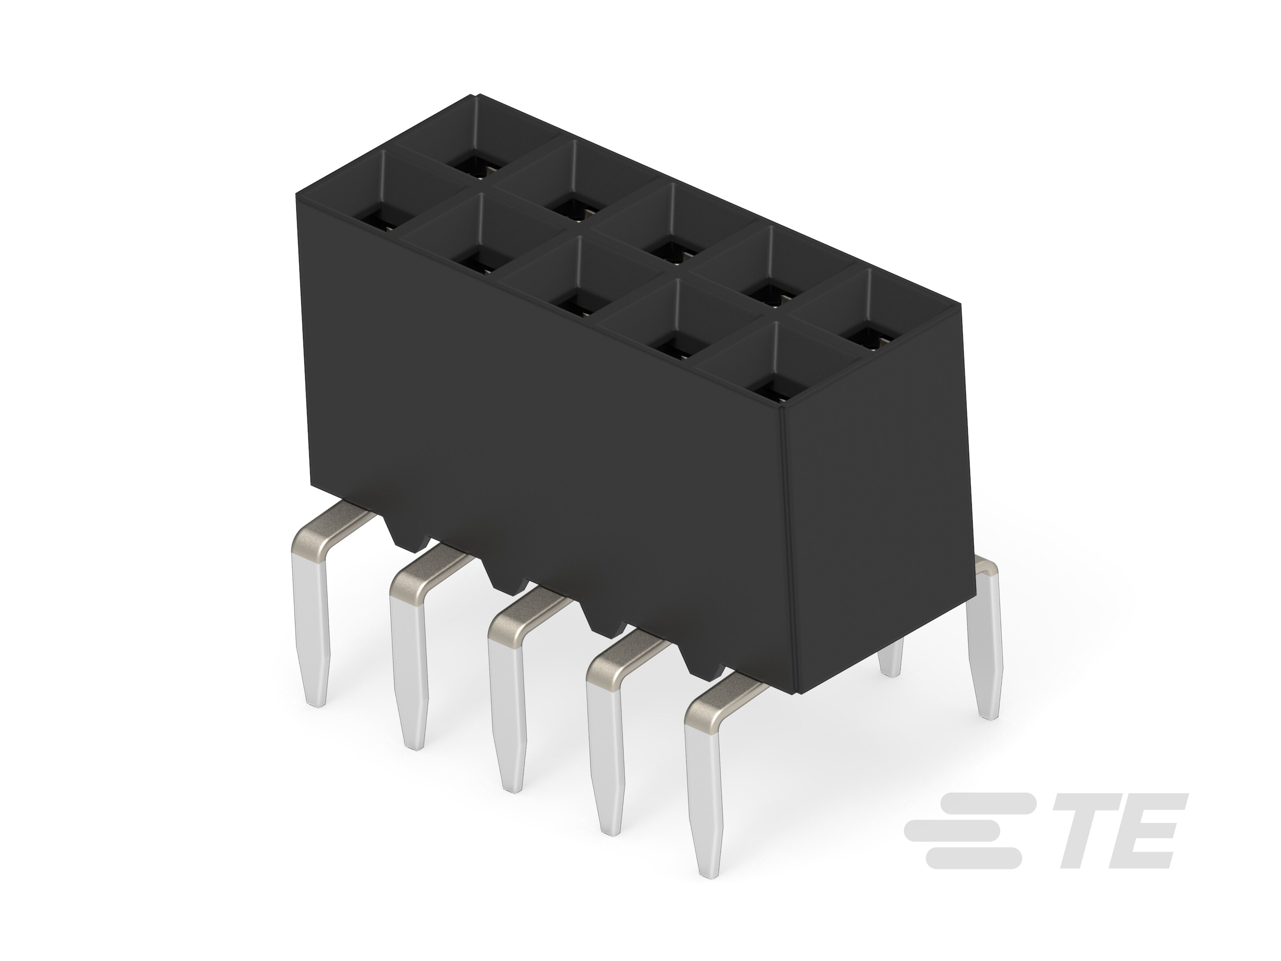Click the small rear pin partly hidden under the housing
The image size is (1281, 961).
890,658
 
